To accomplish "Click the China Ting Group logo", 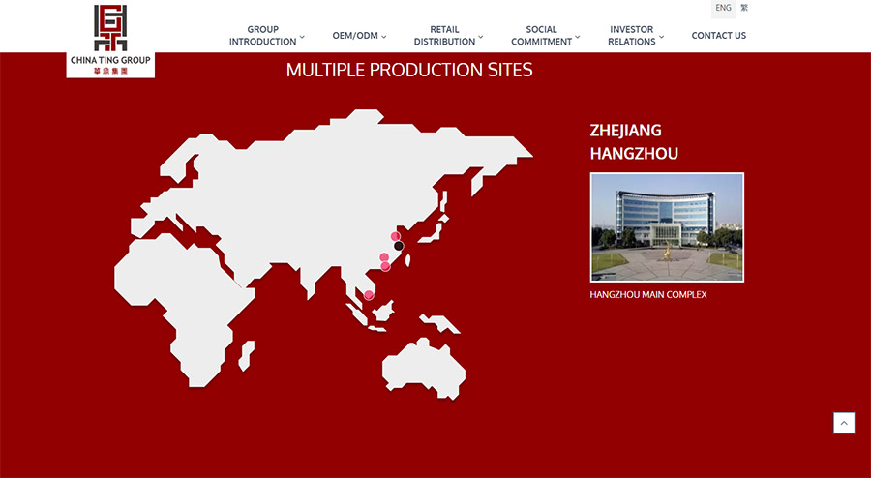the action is (x=110, y=40).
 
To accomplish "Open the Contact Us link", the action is (x=719, y=36).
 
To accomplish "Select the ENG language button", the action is (x=723, y=9).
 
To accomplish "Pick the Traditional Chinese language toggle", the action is (x=744, y=9).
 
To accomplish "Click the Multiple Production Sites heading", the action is (x=409, y=70).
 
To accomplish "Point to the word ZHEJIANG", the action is (x=625, y=131).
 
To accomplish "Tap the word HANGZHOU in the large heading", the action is (x=634, y=153).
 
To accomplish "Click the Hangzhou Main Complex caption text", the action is (x=648, y=295).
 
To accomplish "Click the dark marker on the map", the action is (x=399, y=246).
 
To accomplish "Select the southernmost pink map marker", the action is (x=369, y=295).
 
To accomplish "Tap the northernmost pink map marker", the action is (x=396, y=236).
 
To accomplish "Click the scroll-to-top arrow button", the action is (x=844, y=423).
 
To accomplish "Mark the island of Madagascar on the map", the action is (x=246, y=356).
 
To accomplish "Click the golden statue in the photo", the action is (x=667, y=251).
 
